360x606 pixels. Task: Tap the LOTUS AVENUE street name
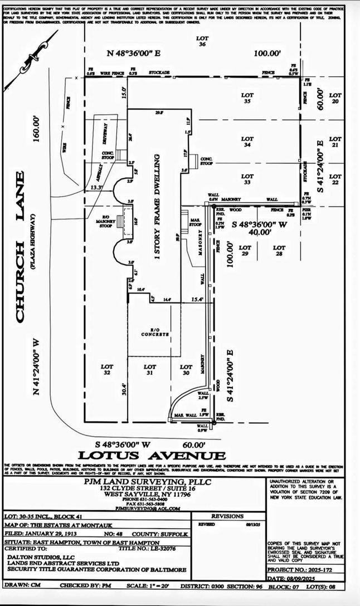(152, 456)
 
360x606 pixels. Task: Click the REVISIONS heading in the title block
(227, 516)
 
